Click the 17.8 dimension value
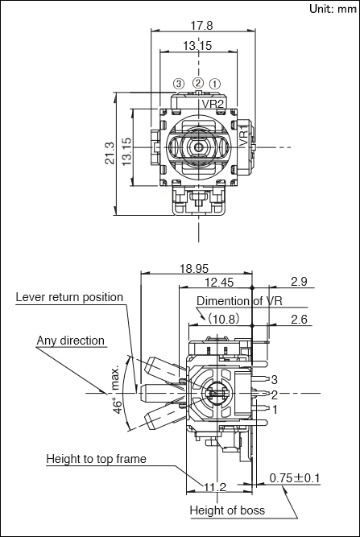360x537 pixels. (202, 25)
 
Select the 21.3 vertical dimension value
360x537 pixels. (110, 153)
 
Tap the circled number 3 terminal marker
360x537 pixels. (179, 83)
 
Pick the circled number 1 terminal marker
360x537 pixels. (215, 84)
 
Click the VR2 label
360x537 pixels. (213, 104)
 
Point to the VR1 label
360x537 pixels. (243, 136)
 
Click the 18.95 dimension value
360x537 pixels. (194, 269)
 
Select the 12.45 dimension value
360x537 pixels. (219, 283)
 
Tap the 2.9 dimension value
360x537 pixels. (299, 281)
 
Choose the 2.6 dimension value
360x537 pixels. (300, 320)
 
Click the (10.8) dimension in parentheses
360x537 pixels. (222, 319)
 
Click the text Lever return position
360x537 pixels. (69, 297)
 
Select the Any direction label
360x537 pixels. (71, 341)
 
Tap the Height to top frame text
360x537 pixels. (97, 459)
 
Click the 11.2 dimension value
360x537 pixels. (215, 486)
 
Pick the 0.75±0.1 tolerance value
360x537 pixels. (295, 477)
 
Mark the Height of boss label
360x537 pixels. (227, 510)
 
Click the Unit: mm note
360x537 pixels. (333, 9)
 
